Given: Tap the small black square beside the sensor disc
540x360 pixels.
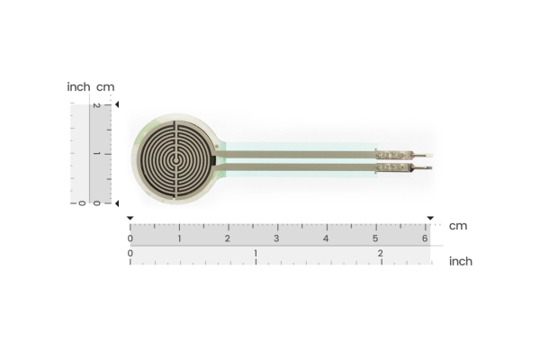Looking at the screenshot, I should [213, 160].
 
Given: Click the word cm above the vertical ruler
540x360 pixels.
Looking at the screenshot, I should [105, 86].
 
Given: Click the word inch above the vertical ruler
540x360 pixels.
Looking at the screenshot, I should [78, 86].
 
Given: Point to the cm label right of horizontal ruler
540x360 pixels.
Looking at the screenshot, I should [458, 226].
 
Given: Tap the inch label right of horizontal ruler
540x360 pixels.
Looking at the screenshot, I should [460, 261].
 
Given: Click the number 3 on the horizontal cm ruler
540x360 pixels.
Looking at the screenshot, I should [276, 238].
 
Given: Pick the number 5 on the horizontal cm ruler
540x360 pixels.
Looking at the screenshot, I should [375, 238].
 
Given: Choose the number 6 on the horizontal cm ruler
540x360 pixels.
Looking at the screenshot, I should [425, 238].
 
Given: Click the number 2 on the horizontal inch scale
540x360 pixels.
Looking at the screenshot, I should [380, 254].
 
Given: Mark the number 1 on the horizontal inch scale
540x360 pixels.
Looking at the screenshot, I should [256, 254].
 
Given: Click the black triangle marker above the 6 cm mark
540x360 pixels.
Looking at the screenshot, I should [430, 219].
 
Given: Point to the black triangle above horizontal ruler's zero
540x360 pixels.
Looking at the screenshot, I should [130, 219].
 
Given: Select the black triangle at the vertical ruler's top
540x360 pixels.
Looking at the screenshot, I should [117, 105].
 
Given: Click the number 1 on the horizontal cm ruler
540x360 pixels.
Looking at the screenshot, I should [178, 238].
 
